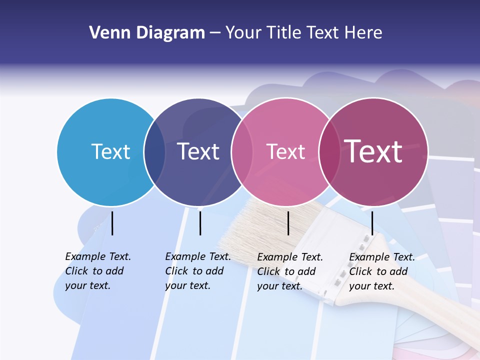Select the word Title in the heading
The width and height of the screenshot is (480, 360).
283,33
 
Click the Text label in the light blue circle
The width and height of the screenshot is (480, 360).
110,151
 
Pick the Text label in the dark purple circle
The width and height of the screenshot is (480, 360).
198,151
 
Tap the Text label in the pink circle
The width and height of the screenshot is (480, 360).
285,151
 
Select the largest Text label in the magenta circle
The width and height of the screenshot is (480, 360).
373,151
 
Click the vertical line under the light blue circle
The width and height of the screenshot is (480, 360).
112,223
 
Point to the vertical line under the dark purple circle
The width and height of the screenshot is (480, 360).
200,223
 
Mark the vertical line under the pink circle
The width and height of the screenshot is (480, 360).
288,223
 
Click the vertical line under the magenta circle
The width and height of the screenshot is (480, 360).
372,223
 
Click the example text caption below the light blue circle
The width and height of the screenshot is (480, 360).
97,271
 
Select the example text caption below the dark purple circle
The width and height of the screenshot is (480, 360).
197,271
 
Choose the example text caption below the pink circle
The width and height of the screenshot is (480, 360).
289,271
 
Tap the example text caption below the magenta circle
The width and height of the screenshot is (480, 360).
381,271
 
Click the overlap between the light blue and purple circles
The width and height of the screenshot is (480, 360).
155,152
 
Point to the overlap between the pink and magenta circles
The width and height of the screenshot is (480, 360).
330,152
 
